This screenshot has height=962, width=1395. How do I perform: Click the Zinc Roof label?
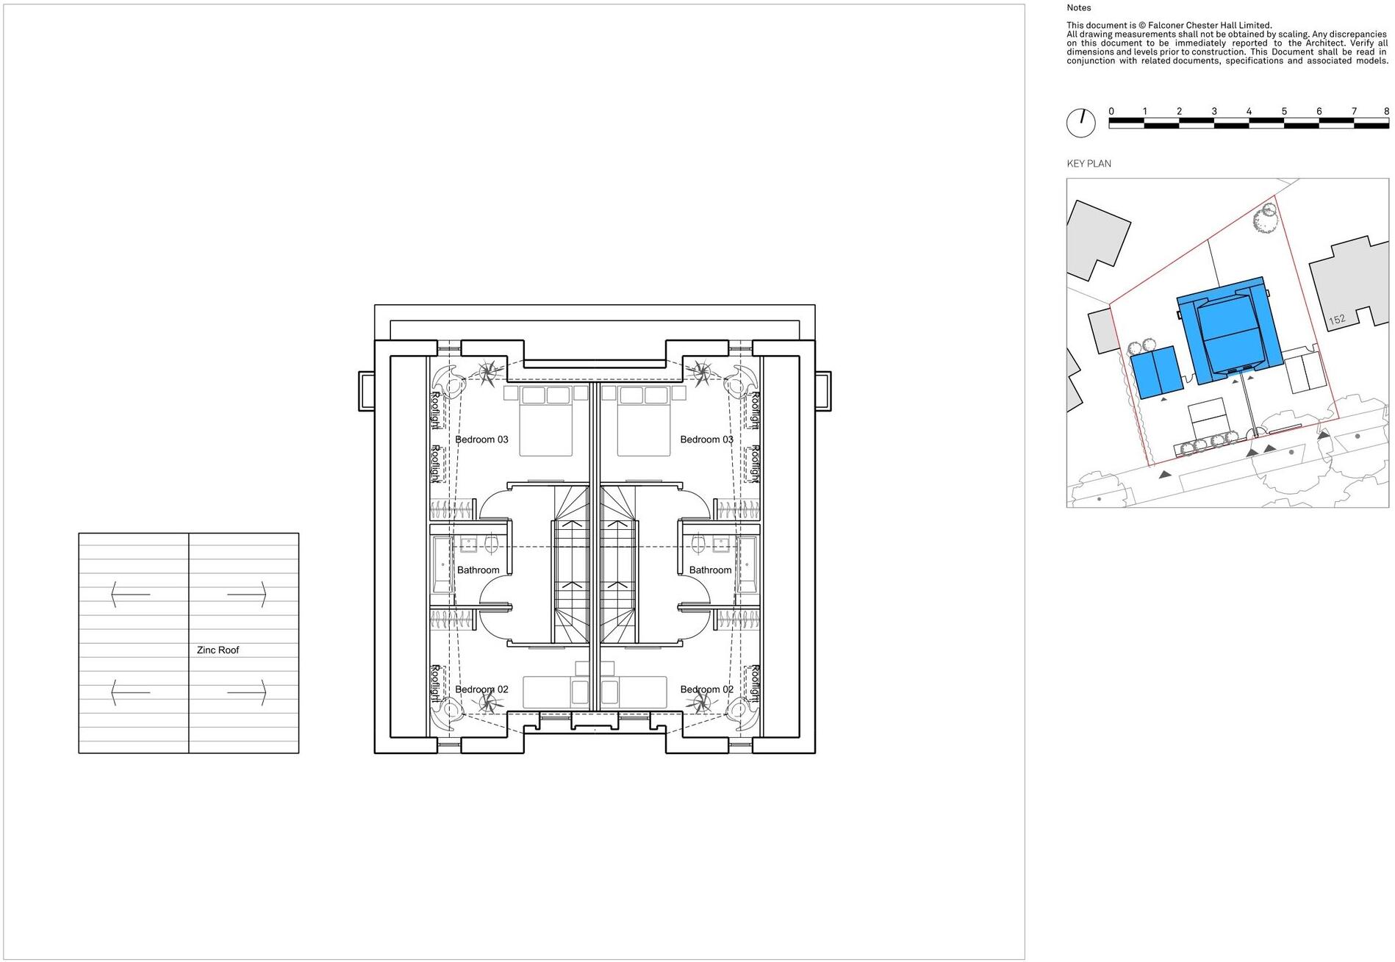pyautogui.click(x=218, y=650)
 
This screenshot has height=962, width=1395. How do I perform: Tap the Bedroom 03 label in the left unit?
pyautogui.click(x=481, y=439)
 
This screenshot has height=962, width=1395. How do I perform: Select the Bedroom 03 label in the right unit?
pyautogui.click(x=706, y=439)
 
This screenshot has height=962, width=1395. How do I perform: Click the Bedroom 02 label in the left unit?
pyautogui.click(x=481, y=689)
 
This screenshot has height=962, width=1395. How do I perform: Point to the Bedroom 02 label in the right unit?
pyautogui.click(x=706, y=689)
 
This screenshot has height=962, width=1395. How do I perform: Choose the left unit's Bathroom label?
pyautogui.click(x=478, y=570)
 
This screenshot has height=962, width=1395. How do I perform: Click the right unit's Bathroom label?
pyautogui.click(x=710, y=570)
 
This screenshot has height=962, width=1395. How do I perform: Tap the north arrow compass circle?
pyautogui.click(x=1080, y=122)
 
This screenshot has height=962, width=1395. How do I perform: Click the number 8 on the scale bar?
pyautogui.click(x=1386, y=112)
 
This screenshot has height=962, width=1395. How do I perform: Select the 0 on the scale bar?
pyautogui.click(x=1111, y=112)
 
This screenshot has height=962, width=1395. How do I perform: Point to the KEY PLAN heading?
pyautogui.click(x=1089, y=164)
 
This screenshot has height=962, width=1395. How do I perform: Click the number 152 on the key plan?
pyautogui.click(x=1336, y=320)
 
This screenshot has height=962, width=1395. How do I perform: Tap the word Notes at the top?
pyautogui.click(x=1079, y=8)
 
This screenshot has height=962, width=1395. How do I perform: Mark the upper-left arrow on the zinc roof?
pyautogui.click(x=131, y=594)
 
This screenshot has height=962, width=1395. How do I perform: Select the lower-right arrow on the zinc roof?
pyautogui.click(x=247, y=692)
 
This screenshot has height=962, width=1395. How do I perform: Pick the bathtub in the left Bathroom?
pyautogui.click(x=442, y=564)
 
